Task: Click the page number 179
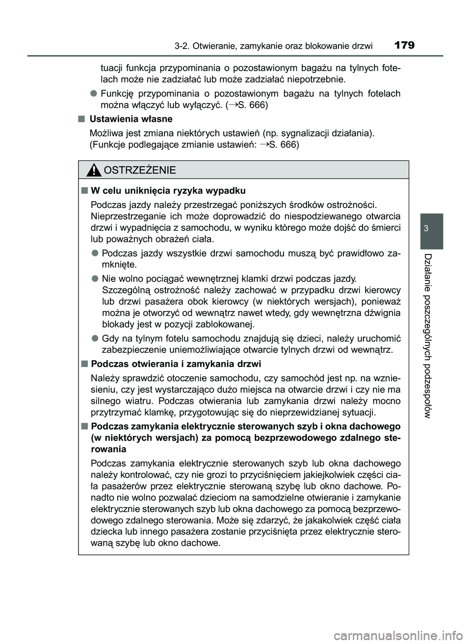pyautogui.click(x=404, y=46)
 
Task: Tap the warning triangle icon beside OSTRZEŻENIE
pyautogui.click(x=93, y=170)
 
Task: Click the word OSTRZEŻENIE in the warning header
pyautogui.click(x=139, y=170)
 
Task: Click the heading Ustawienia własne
pyautogui.click(x=131, y=119)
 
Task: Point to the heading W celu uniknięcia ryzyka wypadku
pyautogui.click(x=168, y=190)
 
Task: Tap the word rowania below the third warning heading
pyautogui.click(x=108, y=449)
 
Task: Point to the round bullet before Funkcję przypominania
pyautogui.click(x=93, y=93)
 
